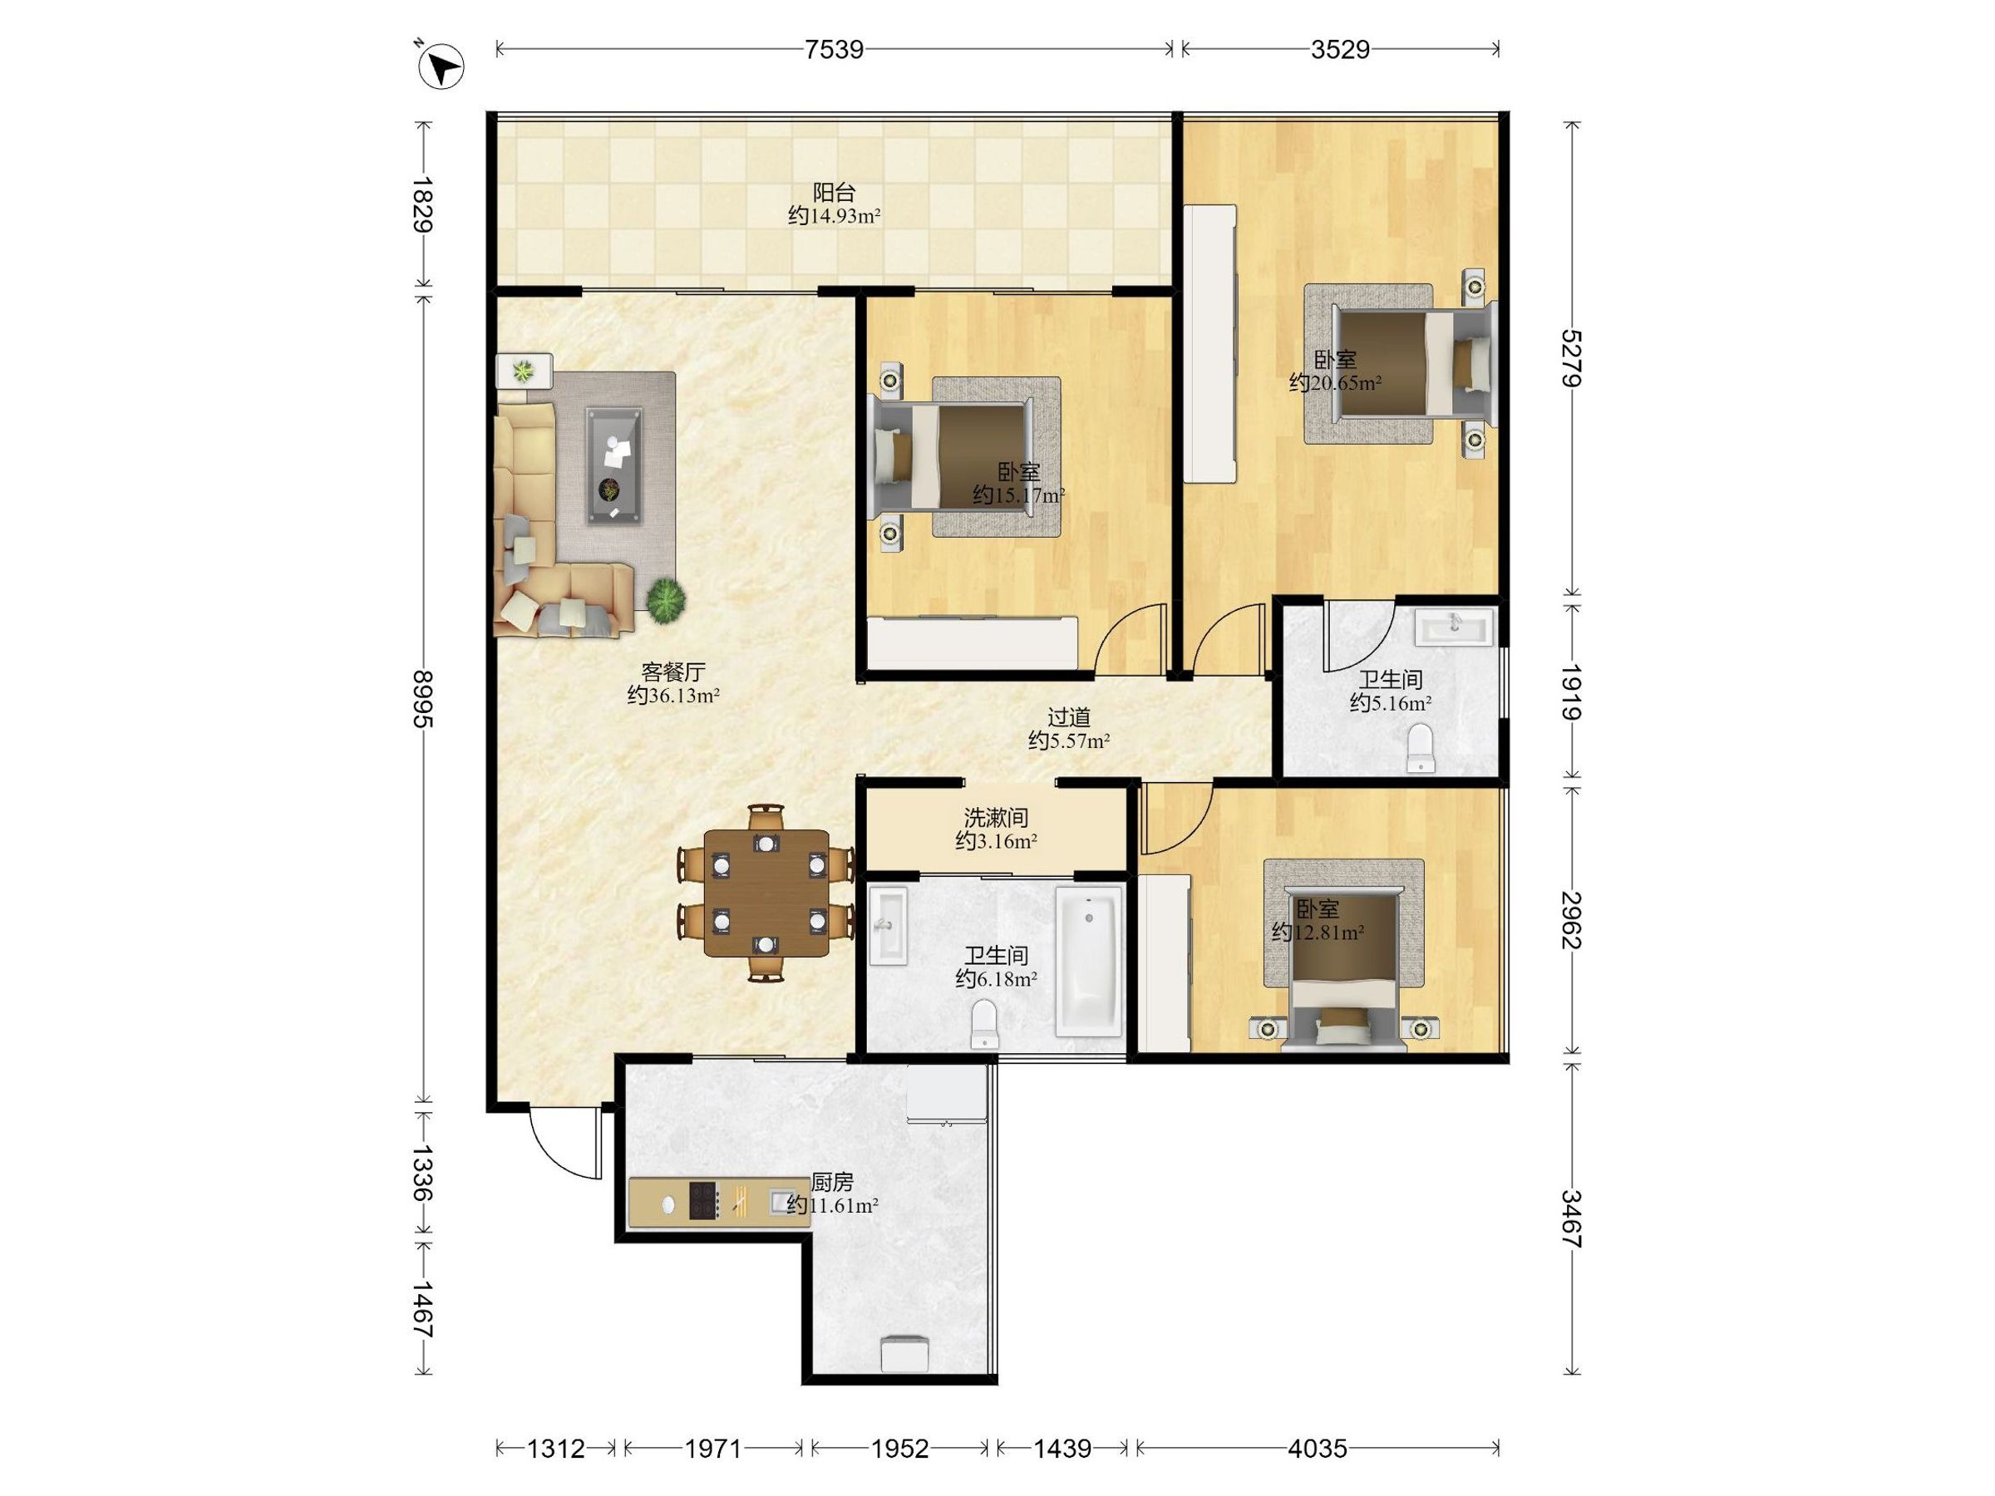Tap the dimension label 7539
835,49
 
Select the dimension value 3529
1340,49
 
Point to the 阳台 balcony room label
835,192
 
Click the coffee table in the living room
614,465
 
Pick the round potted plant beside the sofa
666,598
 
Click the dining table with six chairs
766,893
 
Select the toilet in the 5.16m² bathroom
1421,747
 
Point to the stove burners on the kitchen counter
703,1201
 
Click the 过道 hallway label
1069,717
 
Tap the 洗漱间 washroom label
996,818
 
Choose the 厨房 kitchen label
831,1181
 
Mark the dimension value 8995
422,699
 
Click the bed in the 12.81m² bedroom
1344,974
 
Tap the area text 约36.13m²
672,696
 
